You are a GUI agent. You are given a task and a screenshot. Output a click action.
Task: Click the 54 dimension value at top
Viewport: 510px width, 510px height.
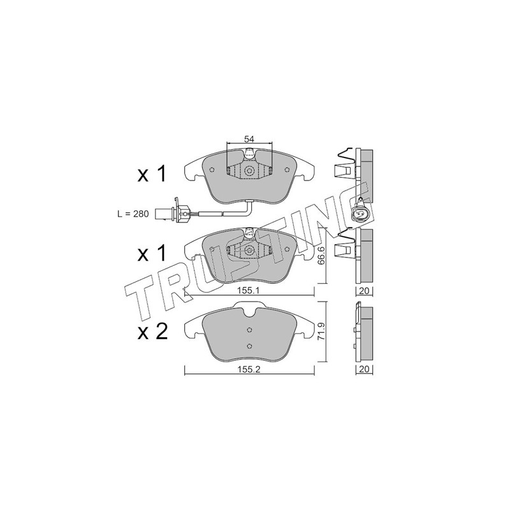click(249, 139)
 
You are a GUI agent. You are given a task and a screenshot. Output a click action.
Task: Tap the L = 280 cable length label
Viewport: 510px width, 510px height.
click(133, 214)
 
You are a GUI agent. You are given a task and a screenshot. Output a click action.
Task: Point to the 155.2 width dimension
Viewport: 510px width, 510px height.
click(249, 370)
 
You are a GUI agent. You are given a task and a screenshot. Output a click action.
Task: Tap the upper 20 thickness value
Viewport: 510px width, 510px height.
click(365, 291)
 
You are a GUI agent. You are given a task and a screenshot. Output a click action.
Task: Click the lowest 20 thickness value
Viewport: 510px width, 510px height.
click(365, 370)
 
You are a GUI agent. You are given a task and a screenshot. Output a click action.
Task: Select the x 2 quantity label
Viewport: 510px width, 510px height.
click(152, 332)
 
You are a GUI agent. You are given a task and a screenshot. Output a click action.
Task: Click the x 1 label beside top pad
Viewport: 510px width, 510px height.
click(152, 173)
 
